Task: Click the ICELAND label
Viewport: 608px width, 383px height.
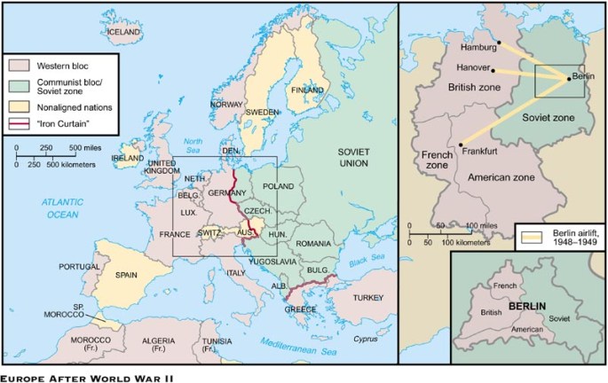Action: pyautogui.click(x=123, y=32)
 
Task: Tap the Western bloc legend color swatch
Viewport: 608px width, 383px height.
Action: pyautogui.click(x=20, y=66)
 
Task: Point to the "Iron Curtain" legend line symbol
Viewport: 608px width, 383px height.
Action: pyautogui.click(x=20, y=123)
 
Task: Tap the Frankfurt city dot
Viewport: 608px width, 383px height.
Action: pyautogui.click(x=462, y=145)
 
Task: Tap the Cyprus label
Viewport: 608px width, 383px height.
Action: pyautogui.click(x=367, y=338)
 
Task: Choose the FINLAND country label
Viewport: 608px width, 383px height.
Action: pyautogui.click(x=308, y=90)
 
